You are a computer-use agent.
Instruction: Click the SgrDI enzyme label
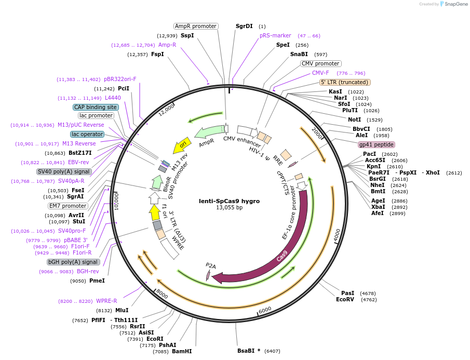pyautogui.click(x=244, y=26)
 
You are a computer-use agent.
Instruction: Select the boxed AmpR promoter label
pyautogui.click(x=195, y=26)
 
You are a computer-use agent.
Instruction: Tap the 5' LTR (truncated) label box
pyautogui.click(x=345, y=82)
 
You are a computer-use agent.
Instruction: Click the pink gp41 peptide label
pyautogui.click(x=376, y=144)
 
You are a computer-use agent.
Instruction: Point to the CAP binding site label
pyautogui.click(x=96, y=107)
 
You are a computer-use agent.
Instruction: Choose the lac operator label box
pyautogui.click(x=87, y=134)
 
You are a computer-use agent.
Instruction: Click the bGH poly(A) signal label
pyautogui.click(x=73, y=262)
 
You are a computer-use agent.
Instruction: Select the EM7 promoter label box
pyautogui.click(x=69, y=206)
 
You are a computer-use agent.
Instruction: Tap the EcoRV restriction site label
pyautogui.click(x=345, y=299)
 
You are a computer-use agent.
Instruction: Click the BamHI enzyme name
pyautogui.click(x=182, y=351)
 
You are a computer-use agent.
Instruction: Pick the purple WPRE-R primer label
pyautogui.click(x=106, y=301)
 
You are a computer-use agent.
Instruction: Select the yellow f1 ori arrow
pyautogui.click(x=154, y=212)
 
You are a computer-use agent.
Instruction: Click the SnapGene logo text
pyautogui.click(x=453, y=4)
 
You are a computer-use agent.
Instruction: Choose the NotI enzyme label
pyautogui.click(x=355, y=119)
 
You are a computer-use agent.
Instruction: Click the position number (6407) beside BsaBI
pyautogui.click(x=272, y=351)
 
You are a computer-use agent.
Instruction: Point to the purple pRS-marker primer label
pyautogui.click(x=275, y=36)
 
